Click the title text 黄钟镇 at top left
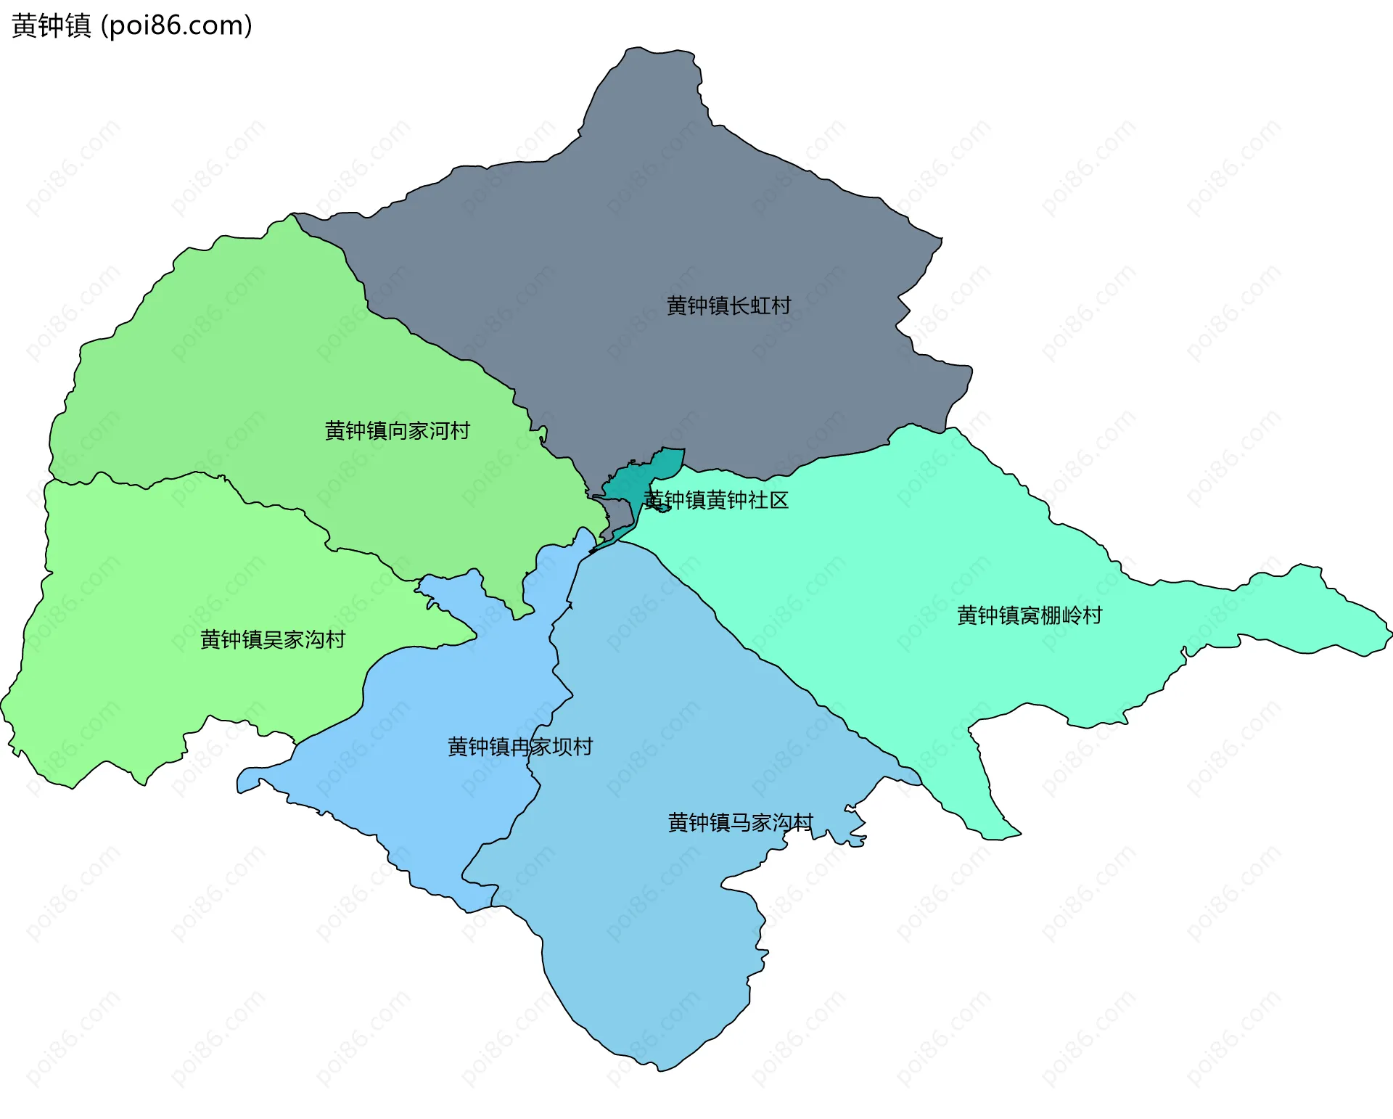pyautogui.click(x=51, y=25)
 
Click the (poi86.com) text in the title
pyautogui.click(x=176, y=25)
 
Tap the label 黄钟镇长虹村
pyautogui.click(x=728, y=306)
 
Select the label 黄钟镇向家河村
pyautogui.click(x=397, y=430)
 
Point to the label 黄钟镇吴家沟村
pyautogui.click(x=273, y=639)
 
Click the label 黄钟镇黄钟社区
pyautogui.click(x=716, y=500)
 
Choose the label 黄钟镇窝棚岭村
pyautogui.click(x=1030, y=615)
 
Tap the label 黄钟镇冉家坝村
pyautogui.click(x=520, y=746)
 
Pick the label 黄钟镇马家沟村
pyautogui.click(x=740, y=822)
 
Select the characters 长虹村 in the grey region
pyautogui.click(x=760, y=306)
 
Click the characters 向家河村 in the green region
pyautogui.click(x=428, y=430)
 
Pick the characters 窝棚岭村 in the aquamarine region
pyautogui.click(x=1061, y=615)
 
